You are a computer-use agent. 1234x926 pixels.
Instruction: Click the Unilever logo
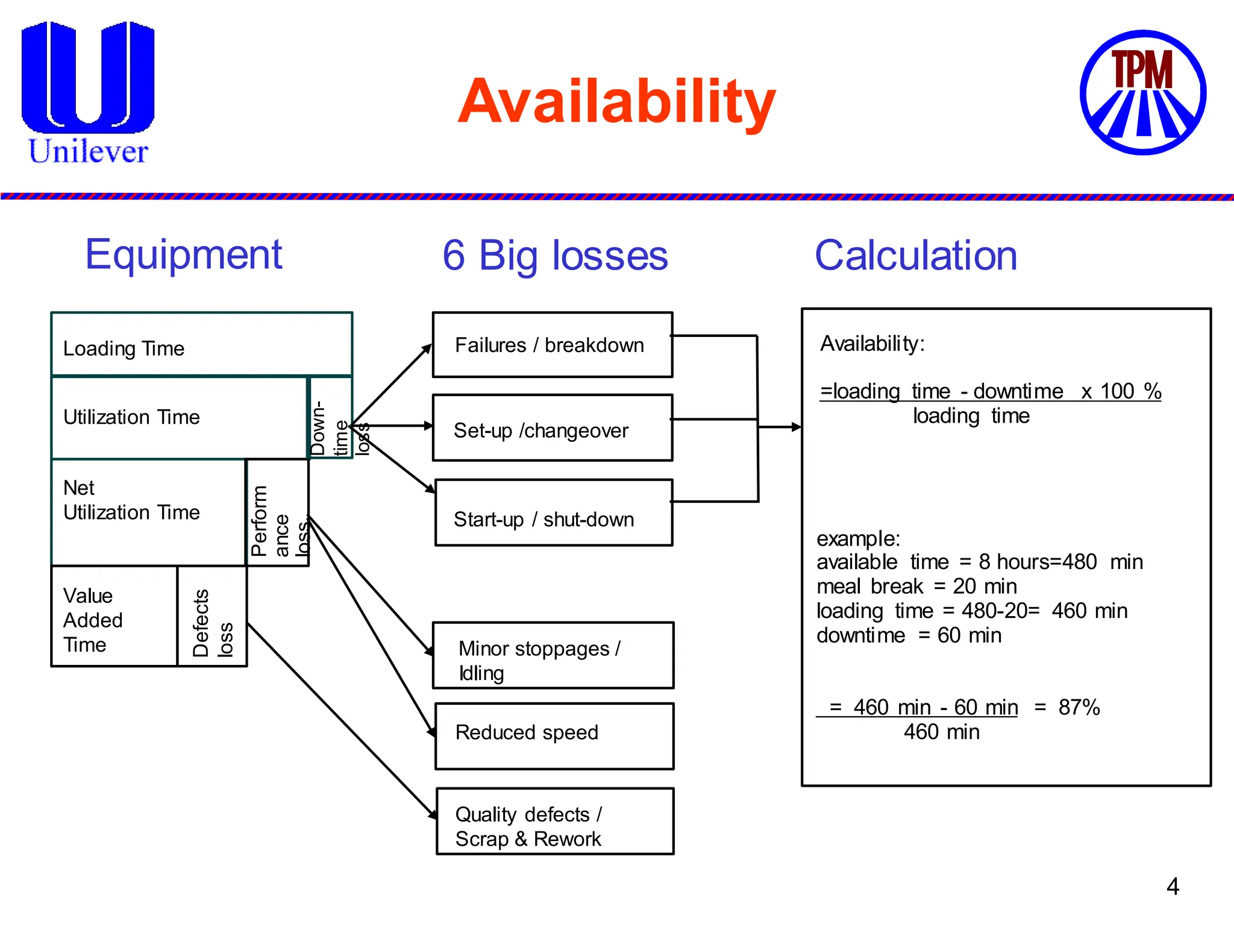(x=88, y=93)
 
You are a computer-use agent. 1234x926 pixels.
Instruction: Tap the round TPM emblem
(x=1142, y=92)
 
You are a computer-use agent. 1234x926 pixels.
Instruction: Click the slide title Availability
(x=616, y=102)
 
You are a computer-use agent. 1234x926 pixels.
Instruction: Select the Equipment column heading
(x=184, y=254)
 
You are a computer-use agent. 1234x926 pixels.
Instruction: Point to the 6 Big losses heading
(x=555, y=256)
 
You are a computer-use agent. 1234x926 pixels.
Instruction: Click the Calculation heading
(x=916, y=256)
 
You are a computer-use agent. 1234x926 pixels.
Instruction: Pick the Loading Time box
(x=201, y=344)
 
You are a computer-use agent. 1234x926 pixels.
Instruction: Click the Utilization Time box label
(x=131, y=417)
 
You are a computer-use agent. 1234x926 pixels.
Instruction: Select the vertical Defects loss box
(x=212, y=617)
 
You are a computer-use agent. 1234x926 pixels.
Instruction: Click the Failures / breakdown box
(x=552, y=345)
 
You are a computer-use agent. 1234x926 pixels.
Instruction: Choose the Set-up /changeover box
(x=552, y=428)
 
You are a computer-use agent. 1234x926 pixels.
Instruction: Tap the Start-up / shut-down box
(x=553, y=513)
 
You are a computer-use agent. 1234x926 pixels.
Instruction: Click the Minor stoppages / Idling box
(x=553, y=655)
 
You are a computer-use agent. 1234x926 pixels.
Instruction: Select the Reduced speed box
(x=554, y=736)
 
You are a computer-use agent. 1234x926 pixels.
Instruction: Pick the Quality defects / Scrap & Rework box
(x=554, y=821)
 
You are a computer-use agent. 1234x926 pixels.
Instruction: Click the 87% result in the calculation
(x=1079, y=707)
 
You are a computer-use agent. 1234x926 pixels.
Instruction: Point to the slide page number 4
(x=1173, y=886)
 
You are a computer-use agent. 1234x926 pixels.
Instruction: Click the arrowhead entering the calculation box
(x=797, y=427)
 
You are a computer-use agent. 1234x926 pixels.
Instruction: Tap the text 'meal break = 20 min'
(x=916, y=587)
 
